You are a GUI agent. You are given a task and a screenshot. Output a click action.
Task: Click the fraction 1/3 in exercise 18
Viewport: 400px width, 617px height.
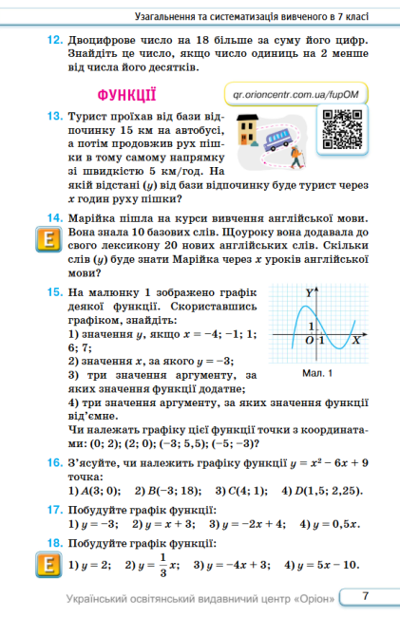click(x=164, y=565)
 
